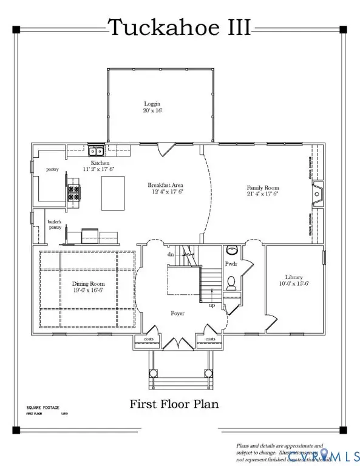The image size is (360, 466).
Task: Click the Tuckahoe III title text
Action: coord(179,27)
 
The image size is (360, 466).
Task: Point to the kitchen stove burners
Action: coord(74,194)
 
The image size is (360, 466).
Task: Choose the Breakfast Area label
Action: coord(165,188)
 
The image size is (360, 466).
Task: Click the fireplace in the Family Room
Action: coord(317,193)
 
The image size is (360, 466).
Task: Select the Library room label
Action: coord(292,280)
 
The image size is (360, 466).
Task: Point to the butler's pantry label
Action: coord(55,226)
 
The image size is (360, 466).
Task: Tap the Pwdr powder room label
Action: coord(231,265)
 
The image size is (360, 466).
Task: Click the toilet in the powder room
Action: coord(231,282)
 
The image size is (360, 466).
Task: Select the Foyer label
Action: coord(177,313)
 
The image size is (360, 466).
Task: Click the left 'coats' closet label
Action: coord(148,339)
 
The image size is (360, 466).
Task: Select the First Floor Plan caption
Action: coord(174,404)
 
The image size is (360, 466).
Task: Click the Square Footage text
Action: coord(42,408)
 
